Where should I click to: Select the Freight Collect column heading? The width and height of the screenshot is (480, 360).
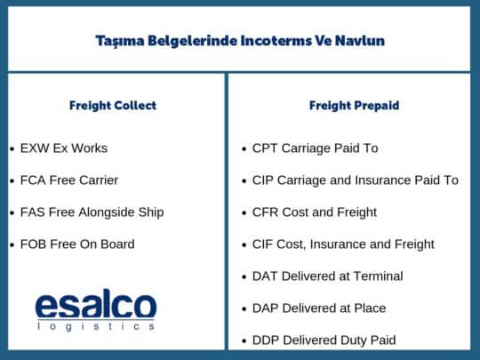pos(113,106)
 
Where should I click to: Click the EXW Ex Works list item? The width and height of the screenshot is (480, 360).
pos(64,148)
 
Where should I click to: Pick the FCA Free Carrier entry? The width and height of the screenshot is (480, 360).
pos(69,180)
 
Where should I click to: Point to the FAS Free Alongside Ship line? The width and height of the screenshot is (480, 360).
pos(92,212)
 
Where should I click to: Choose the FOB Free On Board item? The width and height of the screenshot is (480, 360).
pos(78,244)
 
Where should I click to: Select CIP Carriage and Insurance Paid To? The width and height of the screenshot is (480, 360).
pos(355,180)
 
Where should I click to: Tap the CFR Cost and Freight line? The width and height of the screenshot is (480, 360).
pos(315,212)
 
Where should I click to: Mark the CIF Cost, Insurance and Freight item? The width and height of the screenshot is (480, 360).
pos(343,244)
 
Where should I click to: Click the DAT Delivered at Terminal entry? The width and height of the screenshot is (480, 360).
pos(327,276)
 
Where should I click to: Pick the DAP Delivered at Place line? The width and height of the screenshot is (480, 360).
pos(319,308)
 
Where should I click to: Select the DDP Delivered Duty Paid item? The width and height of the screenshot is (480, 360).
pos(324,340)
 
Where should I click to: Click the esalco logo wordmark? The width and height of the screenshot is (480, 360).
pos(95,304)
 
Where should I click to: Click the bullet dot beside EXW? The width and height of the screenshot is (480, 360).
pos(12,149)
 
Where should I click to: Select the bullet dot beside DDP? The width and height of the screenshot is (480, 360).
pos(244,341)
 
